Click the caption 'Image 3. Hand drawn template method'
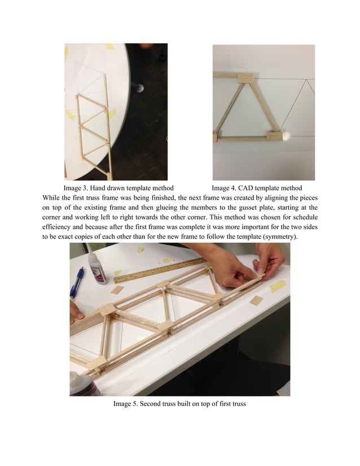(118, 188)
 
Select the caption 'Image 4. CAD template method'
(257, 188)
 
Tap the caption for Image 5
(179, 404)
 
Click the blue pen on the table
(77, 282)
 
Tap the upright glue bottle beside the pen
(97, 267)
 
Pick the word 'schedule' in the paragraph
(302, 227)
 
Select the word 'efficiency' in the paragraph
(59, 227)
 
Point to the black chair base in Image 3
(137, 87)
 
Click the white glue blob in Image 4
(288, 134)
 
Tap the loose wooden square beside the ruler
(117, 290)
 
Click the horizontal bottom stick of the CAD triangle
(243, 138)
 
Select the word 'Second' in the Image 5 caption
(151, 404)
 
